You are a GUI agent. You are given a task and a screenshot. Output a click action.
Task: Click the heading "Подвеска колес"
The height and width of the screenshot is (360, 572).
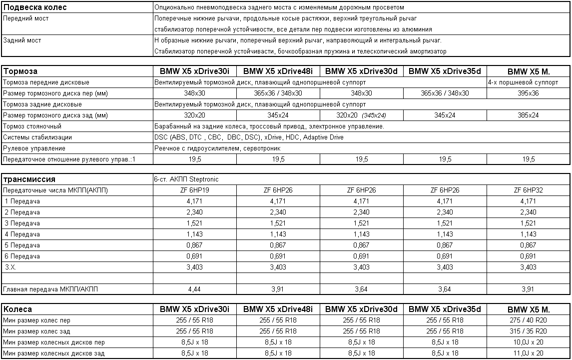coord(35,7)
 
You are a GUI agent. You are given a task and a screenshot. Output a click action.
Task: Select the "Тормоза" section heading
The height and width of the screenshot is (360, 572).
coord(20,71)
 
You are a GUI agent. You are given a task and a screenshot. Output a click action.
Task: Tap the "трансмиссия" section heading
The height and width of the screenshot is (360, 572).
coord(29,179)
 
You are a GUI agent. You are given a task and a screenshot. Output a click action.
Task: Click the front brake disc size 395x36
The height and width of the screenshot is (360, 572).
coord(529,93)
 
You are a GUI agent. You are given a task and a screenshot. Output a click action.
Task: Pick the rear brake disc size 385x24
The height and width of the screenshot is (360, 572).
coord(529,115)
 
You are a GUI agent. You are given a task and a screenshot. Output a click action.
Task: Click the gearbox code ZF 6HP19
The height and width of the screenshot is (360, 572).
coord(194,190)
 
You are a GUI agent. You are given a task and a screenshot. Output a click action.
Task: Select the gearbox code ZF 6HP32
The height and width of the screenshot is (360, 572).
coord(529,190)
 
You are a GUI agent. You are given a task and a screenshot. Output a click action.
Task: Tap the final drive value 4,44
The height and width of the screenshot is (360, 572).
coord(194,289)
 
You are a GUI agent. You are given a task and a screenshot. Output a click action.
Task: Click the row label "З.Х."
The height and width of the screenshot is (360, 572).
coord(10,267)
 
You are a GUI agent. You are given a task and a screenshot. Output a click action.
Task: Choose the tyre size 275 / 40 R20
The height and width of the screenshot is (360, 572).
coord(529,320)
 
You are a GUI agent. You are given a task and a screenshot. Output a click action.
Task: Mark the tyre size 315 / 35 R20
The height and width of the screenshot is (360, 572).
coord(529,331)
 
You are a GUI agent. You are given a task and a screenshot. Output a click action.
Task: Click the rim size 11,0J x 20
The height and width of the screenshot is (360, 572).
coord(529,353)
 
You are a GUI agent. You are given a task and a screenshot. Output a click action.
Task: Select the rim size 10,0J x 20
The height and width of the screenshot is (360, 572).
coord(529,342)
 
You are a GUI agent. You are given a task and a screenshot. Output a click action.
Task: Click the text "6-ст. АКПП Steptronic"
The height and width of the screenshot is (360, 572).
coord(186,179)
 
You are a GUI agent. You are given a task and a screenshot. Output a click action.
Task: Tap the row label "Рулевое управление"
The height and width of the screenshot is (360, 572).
coord(34,148)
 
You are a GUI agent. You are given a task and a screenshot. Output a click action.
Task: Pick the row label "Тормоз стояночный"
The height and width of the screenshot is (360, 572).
coord(32,126)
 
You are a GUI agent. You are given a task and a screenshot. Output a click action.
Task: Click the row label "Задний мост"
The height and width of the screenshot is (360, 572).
coord(22,40)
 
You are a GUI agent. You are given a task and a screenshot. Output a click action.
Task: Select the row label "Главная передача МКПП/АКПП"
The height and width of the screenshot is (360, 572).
coord(51,289)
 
